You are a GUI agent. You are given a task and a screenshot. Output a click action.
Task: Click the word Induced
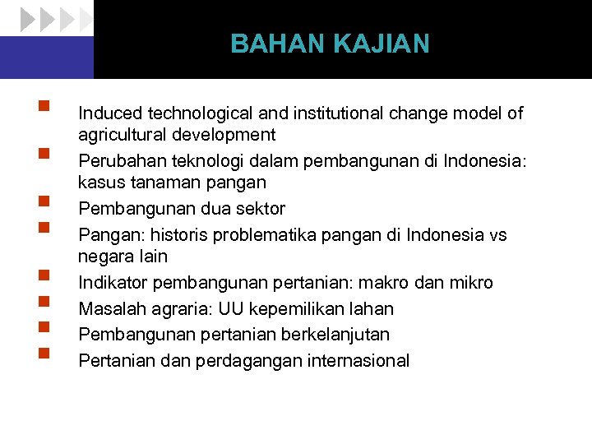109,113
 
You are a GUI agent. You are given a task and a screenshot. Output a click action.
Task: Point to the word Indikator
111,283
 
